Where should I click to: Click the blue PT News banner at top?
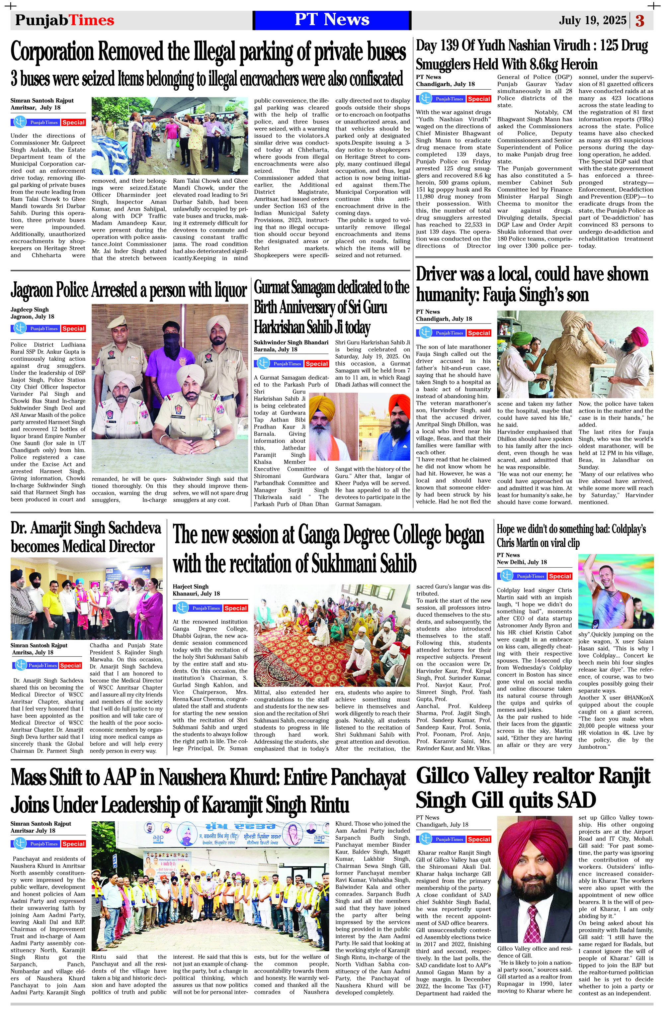tap(332, 20)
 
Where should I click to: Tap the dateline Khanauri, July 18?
tap(196, 594)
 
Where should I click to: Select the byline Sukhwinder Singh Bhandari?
tap(291, 342)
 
